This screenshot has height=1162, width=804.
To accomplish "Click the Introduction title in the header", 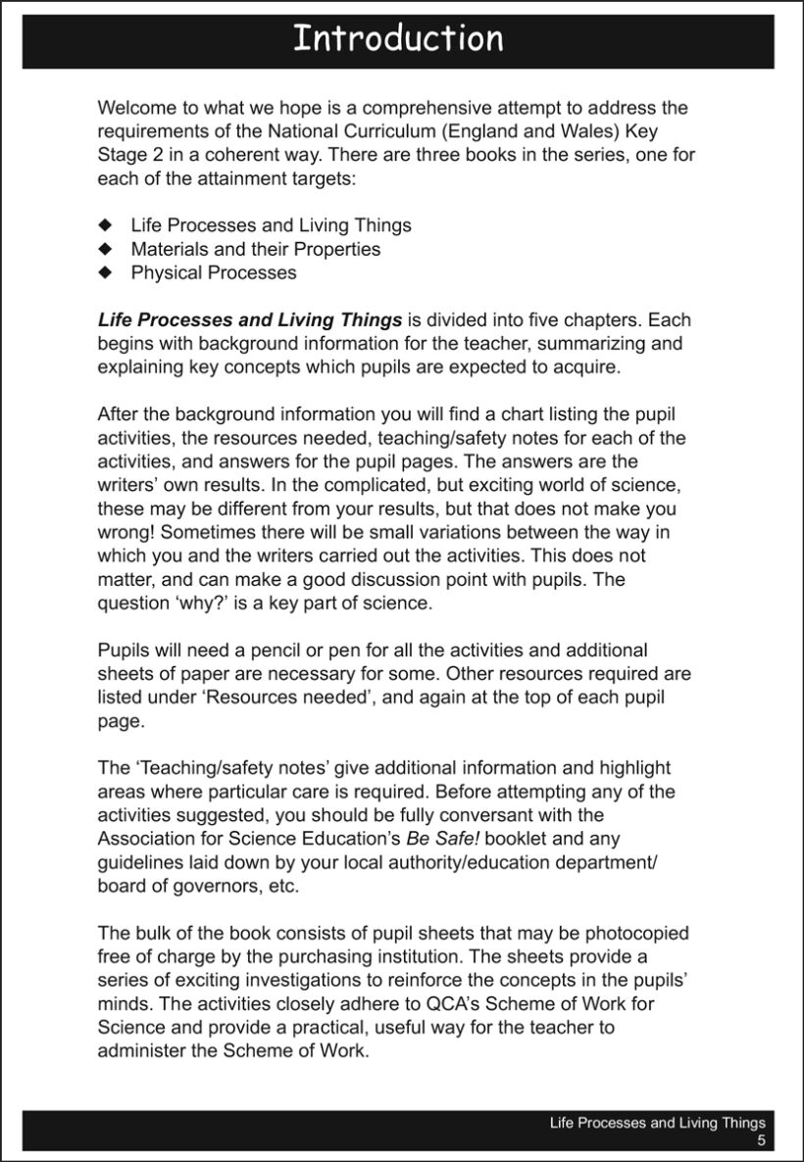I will coord(398,39).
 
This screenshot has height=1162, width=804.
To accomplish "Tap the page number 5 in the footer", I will coord(760,1141).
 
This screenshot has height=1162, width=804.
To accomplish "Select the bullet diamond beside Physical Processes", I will coord(107,273).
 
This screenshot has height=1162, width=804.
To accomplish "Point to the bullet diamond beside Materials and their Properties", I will coord(107,250).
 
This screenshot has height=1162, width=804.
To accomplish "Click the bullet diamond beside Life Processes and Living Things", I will coord(107,226).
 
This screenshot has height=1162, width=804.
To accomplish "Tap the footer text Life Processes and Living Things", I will coord(657,1124).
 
